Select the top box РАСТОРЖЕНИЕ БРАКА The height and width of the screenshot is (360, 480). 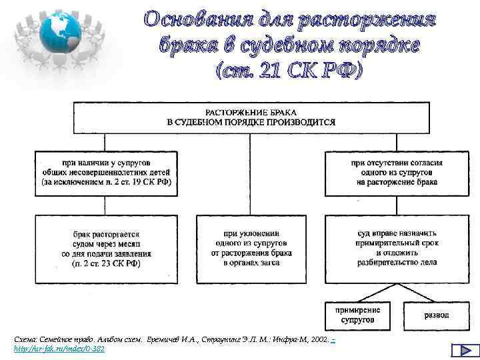coord(251,117)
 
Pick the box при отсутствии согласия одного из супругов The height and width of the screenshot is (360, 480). coord(397,172)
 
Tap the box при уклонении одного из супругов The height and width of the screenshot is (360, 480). coord(251,249)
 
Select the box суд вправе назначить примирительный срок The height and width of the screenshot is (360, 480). coord(397,249)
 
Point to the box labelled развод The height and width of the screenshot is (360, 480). coord(436,315)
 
